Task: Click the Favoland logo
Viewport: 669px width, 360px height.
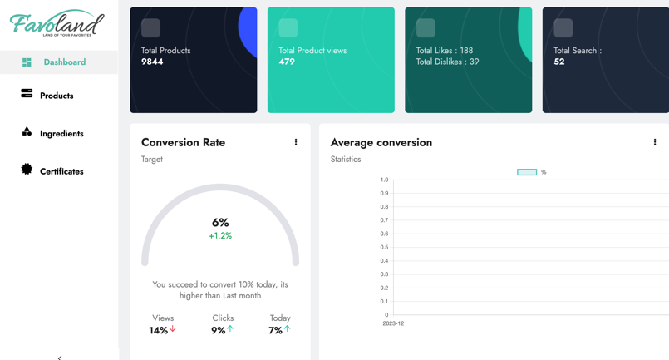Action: (x=57, y=24)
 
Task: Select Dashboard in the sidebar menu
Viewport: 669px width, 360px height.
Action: (x=64, y=62)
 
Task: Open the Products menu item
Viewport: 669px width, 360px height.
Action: (x=57, y=96)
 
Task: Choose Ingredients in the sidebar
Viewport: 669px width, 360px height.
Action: (x=61, y=134)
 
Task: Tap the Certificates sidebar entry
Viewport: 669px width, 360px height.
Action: (x=61, y=171)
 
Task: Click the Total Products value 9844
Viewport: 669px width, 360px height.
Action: (x=152, y=62)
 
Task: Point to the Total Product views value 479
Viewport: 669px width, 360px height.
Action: (x=287, y=62)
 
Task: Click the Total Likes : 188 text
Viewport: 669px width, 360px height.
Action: (x=444, y=51)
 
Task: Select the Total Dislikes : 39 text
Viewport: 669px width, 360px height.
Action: (x=447, y=62)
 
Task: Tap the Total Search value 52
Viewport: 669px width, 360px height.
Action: (x=558, y=62)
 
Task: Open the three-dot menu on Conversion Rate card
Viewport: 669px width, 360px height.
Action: (x=296, y=142)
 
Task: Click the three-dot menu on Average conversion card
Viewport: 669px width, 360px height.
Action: (x=655, y=142)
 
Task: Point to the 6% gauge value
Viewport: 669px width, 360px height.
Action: (x=220, y=223)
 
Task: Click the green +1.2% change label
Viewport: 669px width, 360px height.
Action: (x=220, y=236)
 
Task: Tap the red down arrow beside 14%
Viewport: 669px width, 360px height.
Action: (x=173, y=329)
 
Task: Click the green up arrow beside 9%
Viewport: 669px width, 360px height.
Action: (x=230, y=329)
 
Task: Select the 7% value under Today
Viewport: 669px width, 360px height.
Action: (x=275, y=330)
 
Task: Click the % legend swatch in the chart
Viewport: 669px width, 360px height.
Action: (x=527, y=172)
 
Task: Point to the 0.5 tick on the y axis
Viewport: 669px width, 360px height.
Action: (x=384, y=247)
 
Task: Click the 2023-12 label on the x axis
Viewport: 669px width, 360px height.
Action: (x=393, y=323)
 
